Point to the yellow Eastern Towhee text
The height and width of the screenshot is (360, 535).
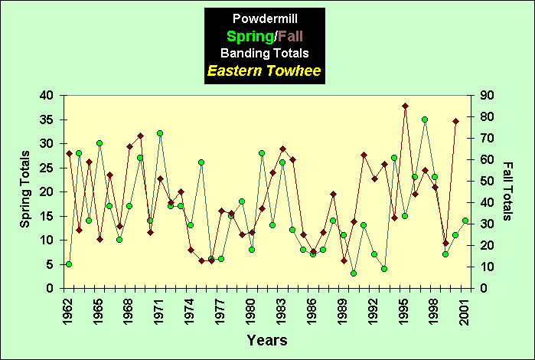pos(264,72)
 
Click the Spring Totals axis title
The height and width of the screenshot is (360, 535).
pos(25,191)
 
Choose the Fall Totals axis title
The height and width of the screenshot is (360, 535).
pos(508,191)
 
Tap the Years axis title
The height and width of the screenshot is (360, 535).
pos(267,339)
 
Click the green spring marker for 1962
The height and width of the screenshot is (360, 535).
pos(69,264)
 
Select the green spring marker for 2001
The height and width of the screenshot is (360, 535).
pos(465,221)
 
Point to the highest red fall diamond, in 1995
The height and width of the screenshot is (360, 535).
pos(405,106)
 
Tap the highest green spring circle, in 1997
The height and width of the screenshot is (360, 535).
pos(425,119)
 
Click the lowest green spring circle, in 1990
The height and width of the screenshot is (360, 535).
pos(354,273)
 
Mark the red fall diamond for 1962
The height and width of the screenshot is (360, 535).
pos(69,153)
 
